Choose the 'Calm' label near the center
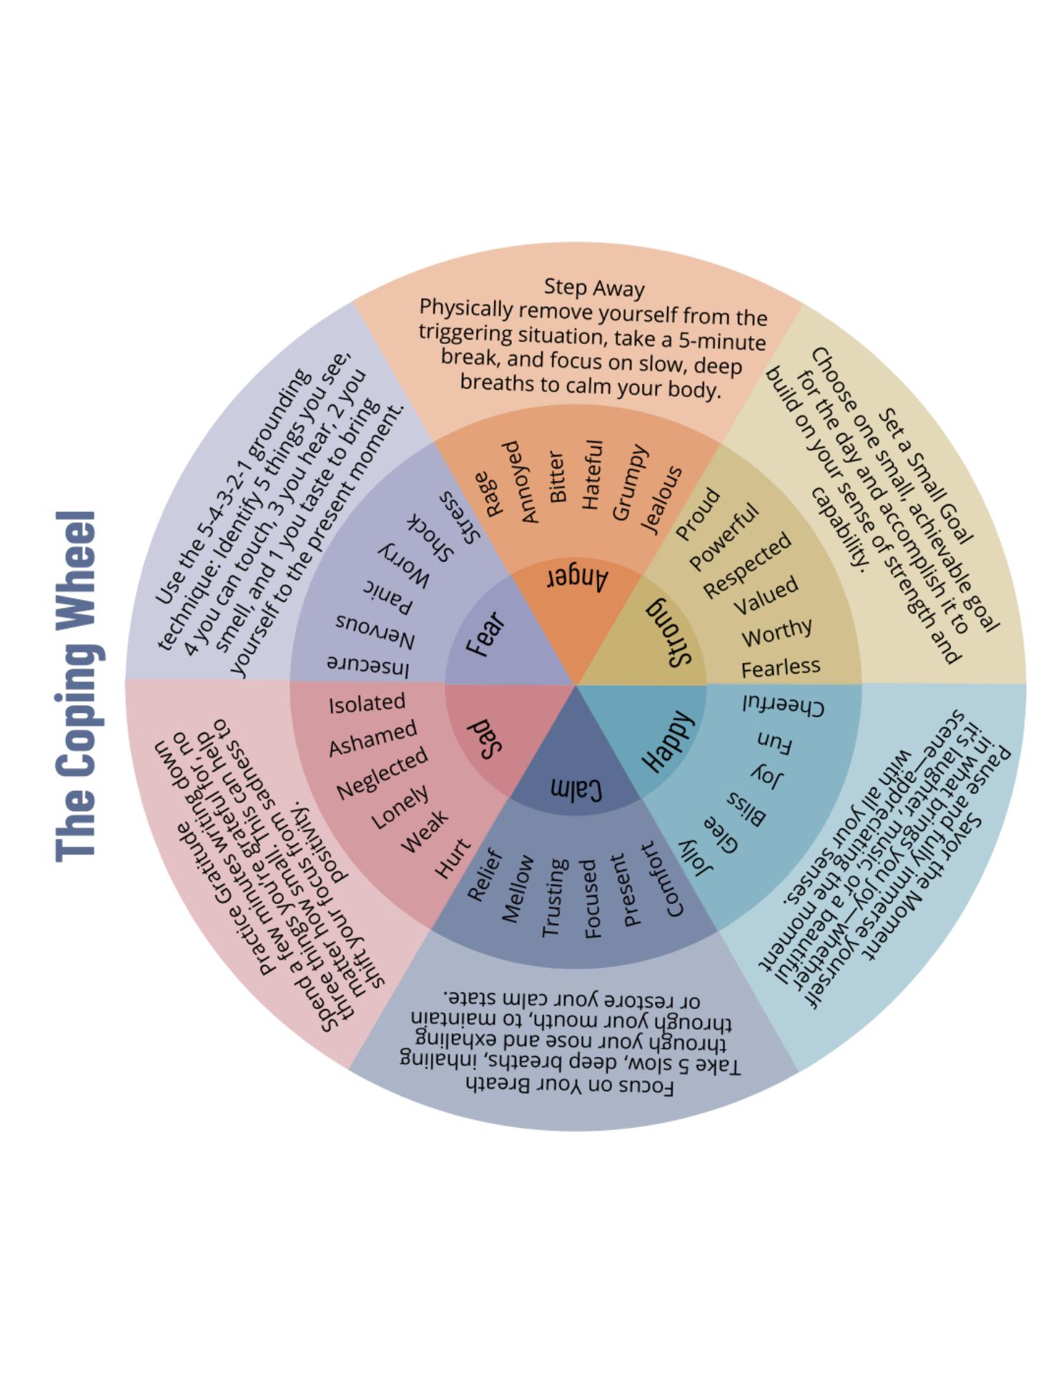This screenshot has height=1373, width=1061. click(576, 789)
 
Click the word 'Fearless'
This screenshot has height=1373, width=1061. click(780, 668)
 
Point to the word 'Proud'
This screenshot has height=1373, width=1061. click(698, 513)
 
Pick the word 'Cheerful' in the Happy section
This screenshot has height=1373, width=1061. click(783, 706)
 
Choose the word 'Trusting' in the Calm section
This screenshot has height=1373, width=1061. click(555, 898)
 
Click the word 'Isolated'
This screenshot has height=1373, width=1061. click(367, 704)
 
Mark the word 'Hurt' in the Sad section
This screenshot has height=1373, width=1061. click(453, 859)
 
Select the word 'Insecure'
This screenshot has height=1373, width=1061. click(368, 665)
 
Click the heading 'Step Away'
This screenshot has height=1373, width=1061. click(593, 287)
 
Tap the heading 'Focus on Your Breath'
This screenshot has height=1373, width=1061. click(569, 1086)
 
